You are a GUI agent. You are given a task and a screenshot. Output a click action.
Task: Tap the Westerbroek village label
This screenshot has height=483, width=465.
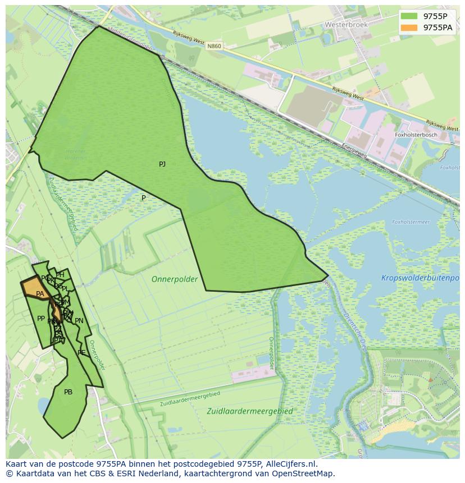click(346, 25)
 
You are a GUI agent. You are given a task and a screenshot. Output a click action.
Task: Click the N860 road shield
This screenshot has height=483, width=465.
click(213, 46)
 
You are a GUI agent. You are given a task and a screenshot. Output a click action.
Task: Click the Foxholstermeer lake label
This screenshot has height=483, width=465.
click(411, 222)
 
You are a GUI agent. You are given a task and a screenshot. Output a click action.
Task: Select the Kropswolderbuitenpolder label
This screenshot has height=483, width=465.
click(420, 278)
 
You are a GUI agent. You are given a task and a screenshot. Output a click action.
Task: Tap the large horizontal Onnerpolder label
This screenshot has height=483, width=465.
click(175, 279)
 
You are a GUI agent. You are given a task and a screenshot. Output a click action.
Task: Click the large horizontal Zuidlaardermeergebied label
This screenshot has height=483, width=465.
click(250, 411)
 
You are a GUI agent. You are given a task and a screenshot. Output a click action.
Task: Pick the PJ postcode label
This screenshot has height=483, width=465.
click(162, 164)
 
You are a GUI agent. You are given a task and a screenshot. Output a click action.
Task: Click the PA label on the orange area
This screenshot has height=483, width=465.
click(40, 294)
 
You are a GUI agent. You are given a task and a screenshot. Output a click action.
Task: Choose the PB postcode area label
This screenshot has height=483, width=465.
click(68, 392)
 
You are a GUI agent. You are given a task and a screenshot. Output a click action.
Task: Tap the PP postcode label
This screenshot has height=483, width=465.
click(41, 319)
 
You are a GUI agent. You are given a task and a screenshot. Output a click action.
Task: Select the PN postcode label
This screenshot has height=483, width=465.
click(79, 321)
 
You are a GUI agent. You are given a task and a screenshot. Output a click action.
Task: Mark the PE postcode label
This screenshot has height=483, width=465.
click(81, 353)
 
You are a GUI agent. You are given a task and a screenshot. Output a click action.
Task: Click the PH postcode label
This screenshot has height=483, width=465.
click(60, 275)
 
